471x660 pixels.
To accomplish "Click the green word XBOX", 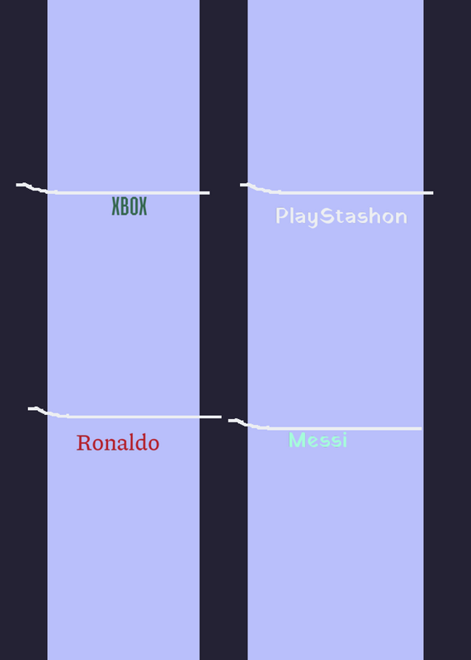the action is [130, 206].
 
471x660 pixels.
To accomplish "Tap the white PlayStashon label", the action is [341, 217].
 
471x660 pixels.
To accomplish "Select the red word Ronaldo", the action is [118, 443].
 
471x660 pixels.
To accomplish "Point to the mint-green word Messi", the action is [318, 440].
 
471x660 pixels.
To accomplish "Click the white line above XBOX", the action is [113, 192].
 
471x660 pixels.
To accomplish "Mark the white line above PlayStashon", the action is [337, 192].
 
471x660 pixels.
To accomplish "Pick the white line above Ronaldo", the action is [125, 417].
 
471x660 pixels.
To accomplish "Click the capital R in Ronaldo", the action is [83, 443].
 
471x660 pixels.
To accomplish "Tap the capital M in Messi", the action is [298, 440].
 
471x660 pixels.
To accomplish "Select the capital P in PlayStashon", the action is [281, 215].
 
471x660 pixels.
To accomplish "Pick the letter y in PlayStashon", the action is [313, 219].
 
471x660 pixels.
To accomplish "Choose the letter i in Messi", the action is [344, 440].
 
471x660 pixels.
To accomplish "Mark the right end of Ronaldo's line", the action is [220, 417].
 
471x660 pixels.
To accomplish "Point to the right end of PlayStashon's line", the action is [433, 193].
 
